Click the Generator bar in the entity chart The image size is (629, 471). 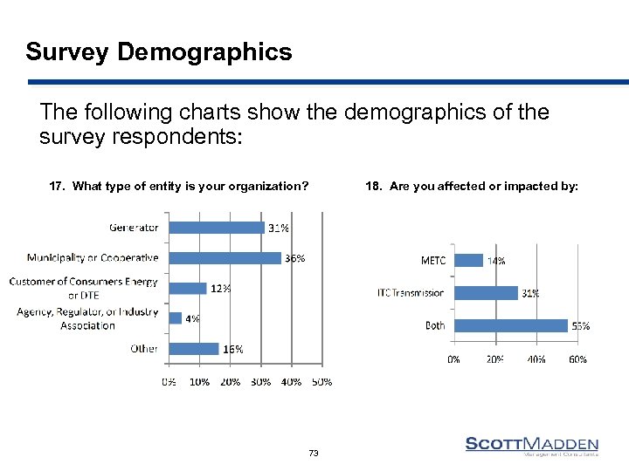tap(216, 228)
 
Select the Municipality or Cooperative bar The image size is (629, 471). tap(225, 258)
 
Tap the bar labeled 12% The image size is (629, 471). tap(187, 289)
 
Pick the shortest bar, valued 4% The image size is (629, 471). tap(175, 318)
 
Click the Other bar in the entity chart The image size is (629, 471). tap(193, 349)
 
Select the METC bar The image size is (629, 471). tap(468, 260)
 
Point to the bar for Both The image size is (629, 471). tap(510, 325)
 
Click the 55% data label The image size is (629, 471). tap(581, 326)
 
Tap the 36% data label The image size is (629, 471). tap(294, 258)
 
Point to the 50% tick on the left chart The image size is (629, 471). tap(321, 381)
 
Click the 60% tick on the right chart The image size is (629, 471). tap(577, 358)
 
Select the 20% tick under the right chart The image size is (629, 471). tap(495, 358)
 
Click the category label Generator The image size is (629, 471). tap(134, 228)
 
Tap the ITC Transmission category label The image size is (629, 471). tap(411, 293)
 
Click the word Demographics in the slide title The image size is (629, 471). tap(204, 52)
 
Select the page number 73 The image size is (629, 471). tap(314, 453)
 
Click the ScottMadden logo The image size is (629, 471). tap(531, 446)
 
